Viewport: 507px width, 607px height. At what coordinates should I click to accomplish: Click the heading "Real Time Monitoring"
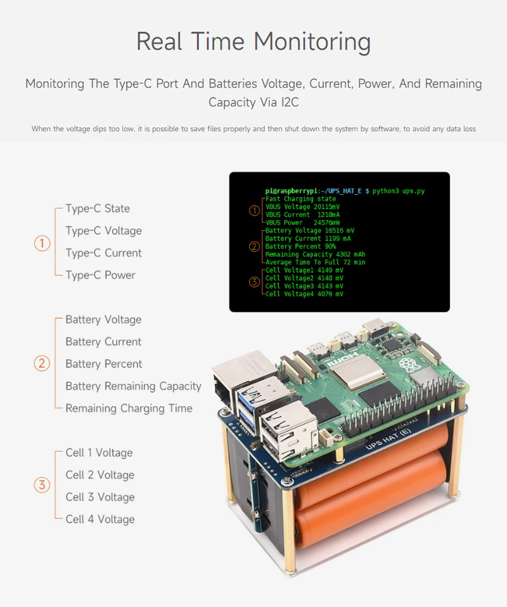pos(253,42)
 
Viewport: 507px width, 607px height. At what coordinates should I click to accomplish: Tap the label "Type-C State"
pos(98,209)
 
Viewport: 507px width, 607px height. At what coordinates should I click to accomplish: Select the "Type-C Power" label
pos(100,275)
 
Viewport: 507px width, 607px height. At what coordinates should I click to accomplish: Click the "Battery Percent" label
pos(103,364)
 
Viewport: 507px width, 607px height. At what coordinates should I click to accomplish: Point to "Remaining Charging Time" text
pos(129,408)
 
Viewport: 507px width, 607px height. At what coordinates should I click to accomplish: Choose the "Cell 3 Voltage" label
pos(100,497)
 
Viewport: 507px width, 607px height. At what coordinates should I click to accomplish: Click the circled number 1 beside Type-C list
pos(42,244)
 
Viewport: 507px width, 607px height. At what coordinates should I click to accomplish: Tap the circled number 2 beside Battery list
pos(42,363)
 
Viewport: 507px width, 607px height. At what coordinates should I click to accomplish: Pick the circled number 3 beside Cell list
pos(42,485)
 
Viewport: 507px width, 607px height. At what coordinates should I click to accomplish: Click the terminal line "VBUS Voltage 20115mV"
pos(302,207)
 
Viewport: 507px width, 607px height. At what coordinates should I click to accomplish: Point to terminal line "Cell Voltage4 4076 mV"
pos(304,294)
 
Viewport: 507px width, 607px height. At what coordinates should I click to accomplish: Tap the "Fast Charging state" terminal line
pos(300,199)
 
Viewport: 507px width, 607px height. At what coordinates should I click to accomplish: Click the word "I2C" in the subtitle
pos(286,102)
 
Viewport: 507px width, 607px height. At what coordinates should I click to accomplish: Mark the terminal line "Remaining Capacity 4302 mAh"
pos(315,254)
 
